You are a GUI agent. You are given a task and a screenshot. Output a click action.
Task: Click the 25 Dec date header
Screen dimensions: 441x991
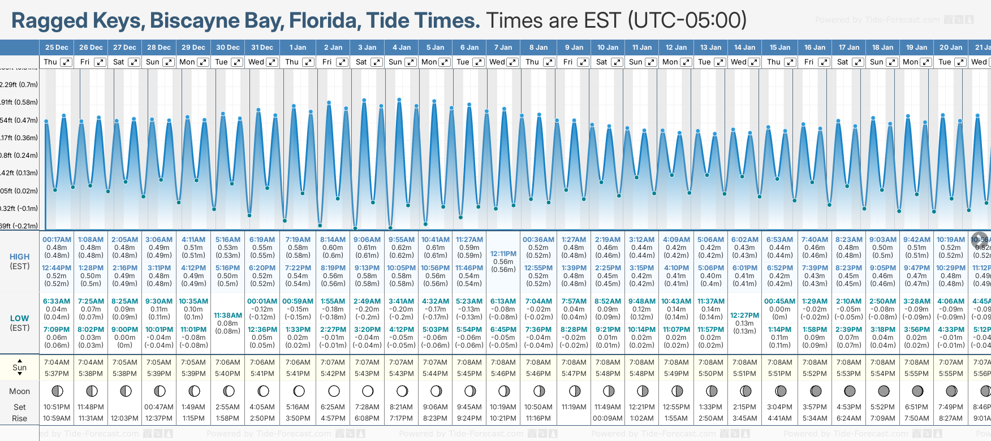[x=57, y=47]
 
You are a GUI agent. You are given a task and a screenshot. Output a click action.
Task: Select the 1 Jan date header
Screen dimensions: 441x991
[x=298, y=47]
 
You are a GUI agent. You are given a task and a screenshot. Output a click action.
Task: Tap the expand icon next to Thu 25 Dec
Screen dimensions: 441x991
[x=66, y=62]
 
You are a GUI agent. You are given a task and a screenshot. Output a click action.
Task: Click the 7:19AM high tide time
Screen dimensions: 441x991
[x=298, y=240]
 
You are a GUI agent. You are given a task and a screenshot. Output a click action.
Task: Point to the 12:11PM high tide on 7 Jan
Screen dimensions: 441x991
[x=503, y=254]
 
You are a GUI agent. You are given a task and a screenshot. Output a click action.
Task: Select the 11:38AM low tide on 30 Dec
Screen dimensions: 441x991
[x=228, y=315]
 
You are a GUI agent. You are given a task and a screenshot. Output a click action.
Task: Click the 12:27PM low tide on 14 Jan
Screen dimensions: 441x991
[x=744, y=315]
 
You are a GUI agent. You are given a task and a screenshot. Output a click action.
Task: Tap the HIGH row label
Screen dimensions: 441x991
[x=19, y=257]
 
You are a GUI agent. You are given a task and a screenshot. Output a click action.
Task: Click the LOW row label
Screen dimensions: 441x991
[x=19, y=318]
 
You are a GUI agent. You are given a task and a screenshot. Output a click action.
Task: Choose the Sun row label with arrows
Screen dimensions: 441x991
[x=19, y=367]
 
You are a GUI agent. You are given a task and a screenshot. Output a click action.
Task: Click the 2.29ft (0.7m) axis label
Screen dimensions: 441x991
[x=19, y=85]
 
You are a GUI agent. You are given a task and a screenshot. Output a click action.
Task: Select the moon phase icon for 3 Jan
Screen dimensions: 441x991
[x=368, y=391]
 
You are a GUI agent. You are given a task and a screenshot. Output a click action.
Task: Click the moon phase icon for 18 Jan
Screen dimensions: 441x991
[x=883, y=391]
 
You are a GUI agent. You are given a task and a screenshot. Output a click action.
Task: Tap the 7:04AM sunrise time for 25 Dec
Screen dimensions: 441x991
[x=57, y=362]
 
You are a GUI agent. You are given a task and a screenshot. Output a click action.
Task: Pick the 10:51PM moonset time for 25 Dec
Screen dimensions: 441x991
[x=57, y=407]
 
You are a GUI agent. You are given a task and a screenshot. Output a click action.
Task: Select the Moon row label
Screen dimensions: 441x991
[x=19, y=391]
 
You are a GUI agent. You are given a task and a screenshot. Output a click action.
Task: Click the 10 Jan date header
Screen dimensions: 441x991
[x=607, y=47]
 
